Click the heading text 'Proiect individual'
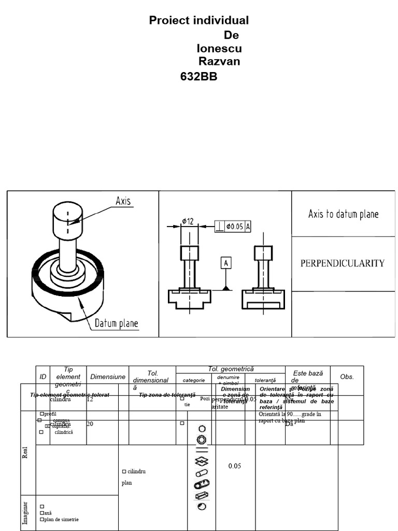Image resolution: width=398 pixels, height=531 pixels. (199, 21)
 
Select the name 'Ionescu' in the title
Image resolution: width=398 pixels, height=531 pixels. (219, 49)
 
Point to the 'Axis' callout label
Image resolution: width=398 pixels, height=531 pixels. (123, 201)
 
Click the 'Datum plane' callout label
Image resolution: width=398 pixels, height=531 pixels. (116, 324)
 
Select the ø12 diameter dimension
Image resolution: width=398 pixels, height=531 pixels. (188, 221)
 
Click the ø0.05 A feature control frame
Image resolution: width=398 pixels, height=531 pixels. (233, 226)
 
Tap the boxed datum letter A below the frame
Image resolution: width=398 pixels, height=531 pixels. (226, 263)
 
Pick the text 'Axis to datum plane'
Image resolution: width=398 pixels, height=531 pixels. (343, 214)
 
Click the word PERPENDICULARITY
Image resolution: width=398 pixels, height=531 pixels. (343, 263)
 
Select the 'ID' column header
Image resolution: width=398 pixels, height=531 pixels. (43, 377)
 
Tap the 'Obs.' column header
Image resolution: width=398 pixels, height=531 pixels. (347, 377)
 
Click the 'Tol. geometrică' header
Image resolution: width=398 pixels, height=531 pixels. (231, 369)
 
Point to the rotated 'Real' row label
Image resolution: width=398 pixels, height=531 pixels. (25, 452)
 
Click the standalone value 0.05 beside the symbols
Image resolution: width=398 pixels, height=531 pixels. (235, 466)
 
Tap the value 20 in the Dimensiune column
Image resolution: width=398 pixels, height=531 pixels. (90, 424)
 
